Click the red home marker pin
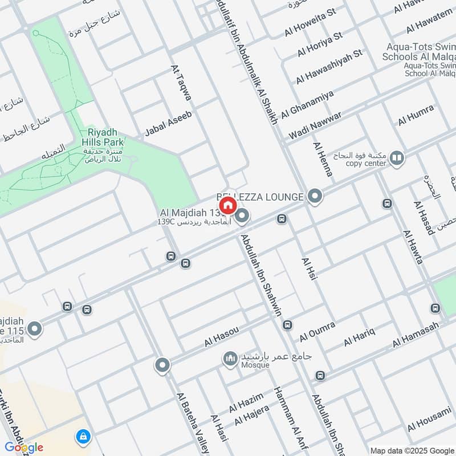tap(227, 205)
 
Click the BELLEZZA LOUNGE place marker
tap(315, 197)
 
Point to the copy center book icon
tap(397, 158)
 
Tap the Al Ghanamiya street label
tap(308, 104)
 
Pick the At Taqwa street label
tap(181, 83)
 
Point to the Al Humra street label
tap(416, 115)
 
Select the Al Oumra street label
tap(317, 329)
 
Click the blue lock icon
tap(83, 437)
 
